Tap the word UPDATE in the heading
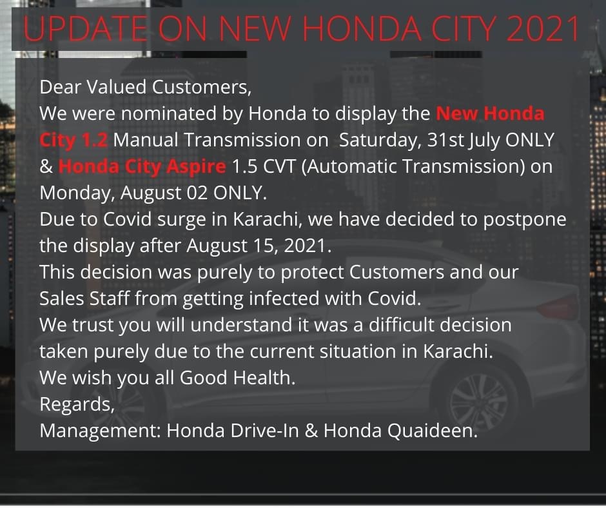85,28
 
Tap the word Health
264,378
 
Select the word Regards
77,405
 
